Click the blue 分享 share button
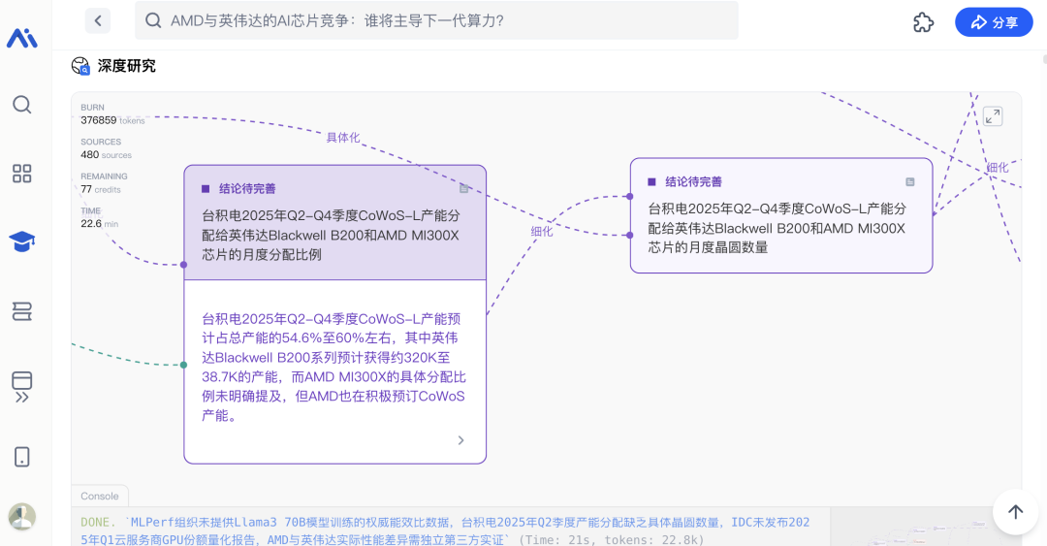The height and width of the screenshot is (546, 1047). pyautogui.click(x=994, y=22)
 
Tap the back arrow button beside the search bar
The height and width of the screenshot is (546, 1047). pyautogui.click(x=98, y=20)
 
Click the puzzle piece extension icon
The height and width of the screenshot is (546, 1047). pyautogui.click(x=923, y=22)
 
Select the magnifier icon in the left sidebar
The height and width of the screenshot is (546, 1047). pyautogui.click(x=22, y=105)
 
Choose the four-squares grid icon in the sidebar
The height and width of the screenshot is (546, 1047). pyautogui.click(x=22, y=174)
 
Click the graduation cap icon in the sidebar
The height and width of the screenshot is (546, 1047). pyautogui.click(x=22, y=241)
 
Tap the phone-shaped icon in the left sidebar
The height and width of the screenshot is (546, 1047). pyautogui.click(x=22, y=457)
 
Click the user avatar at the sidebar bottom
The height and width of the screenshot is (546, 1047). pyautogui.click(x=22, y=517)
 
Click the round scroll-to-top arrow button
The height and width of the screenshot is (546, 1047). pyautogui.click(x=1015, y=512)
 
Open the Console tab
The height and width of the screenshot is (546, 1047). pyautogui.click(x=100, y=496)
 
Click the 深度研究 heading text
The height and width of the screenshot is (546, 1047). pyautogui.click(x=127, y=66)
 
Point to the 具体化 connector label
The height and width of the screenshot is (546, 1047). pyautogui.click(x=342, y=138)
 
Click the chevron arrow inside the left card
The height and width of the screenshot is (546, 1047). pyautogui.click(x=460, y=439)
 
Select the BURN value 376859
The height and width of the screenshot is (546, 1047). pyautogui.click(x=98, y=120)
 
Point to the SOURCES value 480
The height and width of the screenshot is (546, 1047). pyautogui.click(x=89, y=154)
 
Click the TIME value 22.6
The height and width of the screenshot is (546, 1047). pyautogui.click(x=91, y=223)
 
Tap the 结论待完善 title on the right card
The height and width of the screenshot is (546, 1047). pyautogui.click(x=693, y=181)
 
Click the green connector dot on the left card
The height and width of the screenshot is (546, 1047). pyautogui.click(x=183, y=365)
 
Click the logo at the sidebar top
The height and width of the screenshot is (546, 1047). pyautogui.click(x=22, y=38)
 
